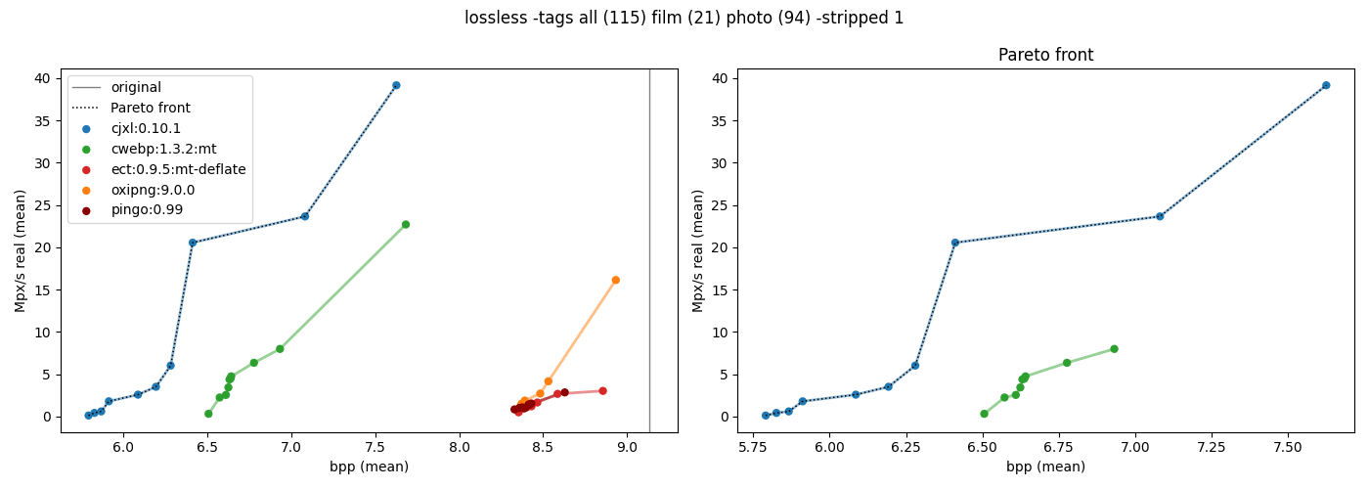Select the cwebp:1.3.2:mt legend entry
(x=163, y=149)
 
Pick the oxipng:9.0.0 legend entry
(x=153, y=190)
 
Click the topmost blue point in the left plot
(x=396, y=85)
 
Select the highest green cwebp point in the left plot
(x=406, y=224)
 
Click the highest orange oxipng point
(x=616, y=280)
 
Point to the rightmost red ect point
(x=602, y=391)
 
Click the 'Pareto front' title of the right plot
(x=1045, y=56)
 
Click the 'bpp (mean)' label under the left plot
(x=369, y=467)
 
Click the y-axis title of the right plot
(x=698, y=250)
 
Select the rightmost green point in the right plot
(x=1114, y=349)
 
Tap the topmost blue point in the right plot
(x=1326, y=85)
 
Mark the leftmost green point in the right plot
(x=984, y=414)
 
